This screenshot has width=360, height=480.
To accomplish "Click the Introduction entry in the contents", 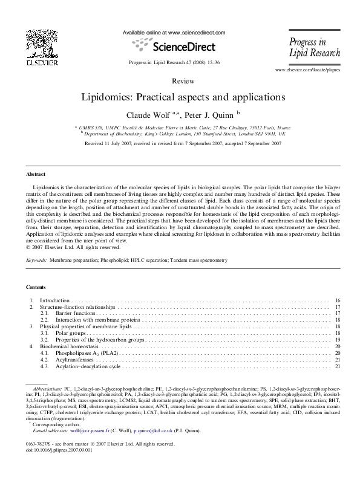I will [x=56, y=300].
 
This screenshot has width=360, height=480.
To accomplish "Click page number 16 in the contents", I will [x=337, y=300].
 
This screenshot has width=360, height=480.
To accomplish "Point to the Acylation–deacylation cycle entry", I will [x=88, y=367].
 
